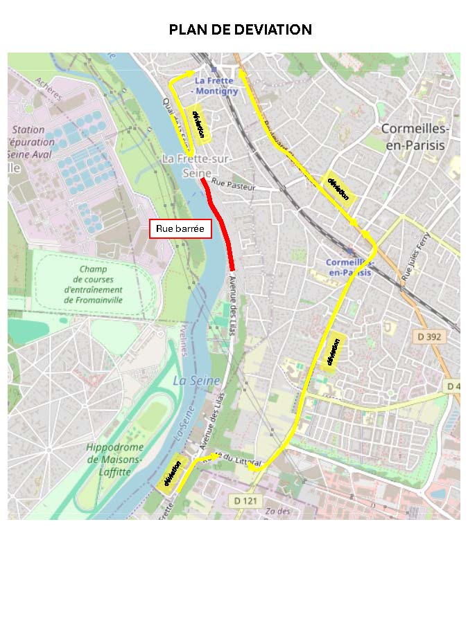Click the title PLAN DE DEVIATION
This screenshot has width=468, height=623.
pyautogui.click(x=241, y=30)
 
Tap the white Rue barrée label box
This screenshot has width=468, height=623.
pyautogui.click(x=181, y=229)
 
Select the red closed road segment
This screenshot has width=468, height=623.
pyautogui.click(x=221, y=222)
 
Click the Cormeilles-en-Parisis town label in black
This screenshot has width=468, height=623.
pyautogui.click(x=415, y=137)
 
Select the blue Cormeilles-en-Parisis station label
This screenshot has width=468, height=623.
pyautogui.click(x=349, y=267)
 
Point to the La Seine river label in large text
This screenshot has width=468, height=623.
pyautogui.click(x=196, y=381)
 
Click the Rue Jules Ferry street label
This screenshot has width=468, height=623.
pyautogui.click(x=415, y=257)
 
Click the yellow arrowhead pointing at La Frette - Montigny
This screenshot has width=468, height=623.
pyautogui.click(x=193, y=73)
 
